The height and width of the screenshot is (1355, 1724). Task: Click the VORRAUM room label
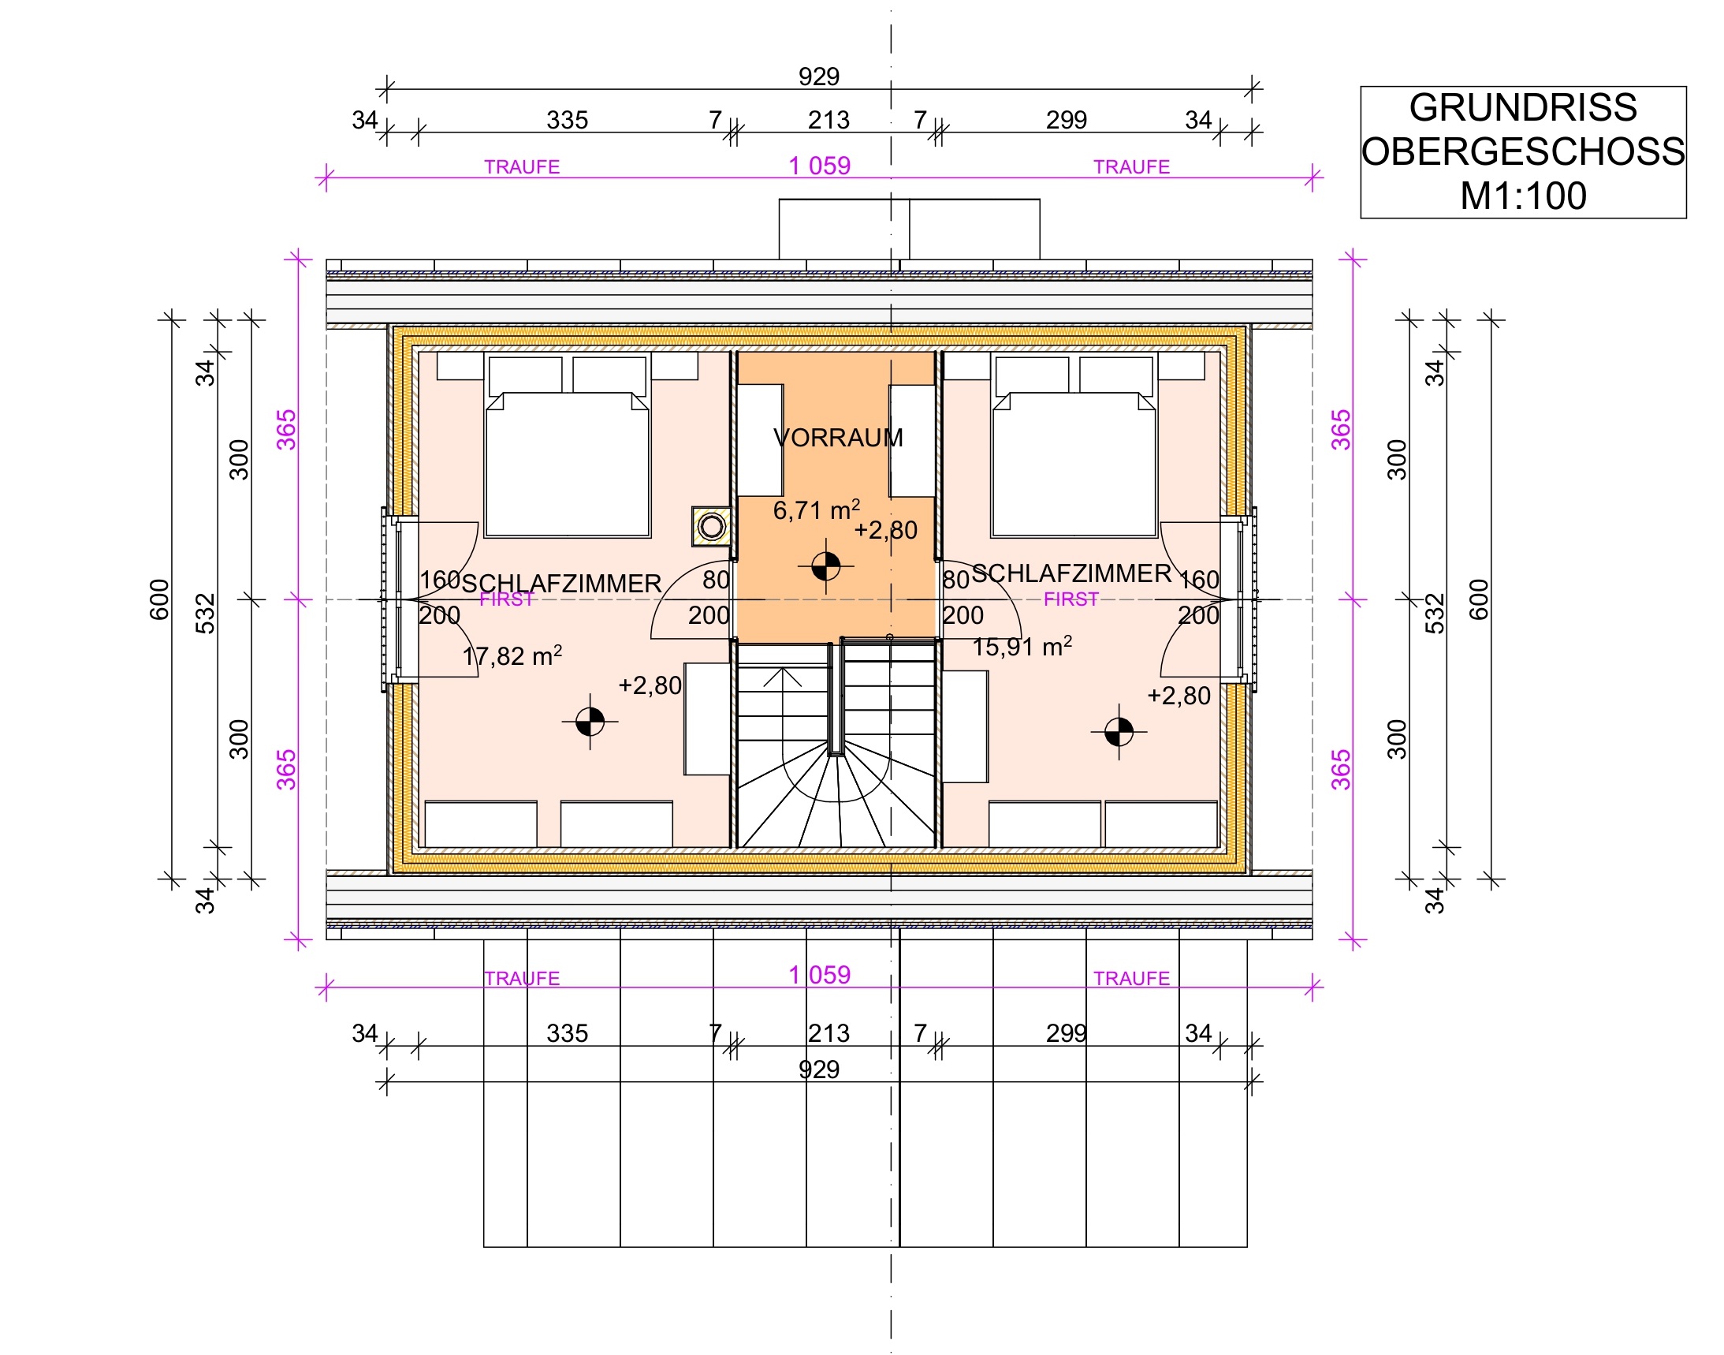click(838, 437)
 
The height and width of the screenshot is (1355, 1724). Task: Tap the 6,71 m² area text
click(817, 510)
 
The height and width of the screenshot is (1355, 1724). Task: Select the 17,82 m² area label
click(512, 655)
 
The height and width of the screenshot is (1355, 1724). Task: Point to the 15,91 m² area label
click(1022, 646)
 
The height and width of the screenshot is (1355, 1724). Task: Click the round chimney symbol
click(711, 525)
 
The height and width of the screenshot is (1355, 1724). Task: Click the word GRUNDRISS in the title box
click(1522, 107)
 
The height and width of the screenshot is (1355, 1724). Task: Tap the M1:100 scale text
click(1522, 196)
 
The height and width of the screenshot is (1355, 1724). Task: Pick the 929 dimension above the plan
click(818, 77)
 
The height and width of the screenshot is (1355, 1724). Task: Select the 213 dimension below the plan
click(828, 1033)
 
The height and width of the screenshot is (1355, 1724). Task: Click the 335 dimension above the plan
click(567, 120)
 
